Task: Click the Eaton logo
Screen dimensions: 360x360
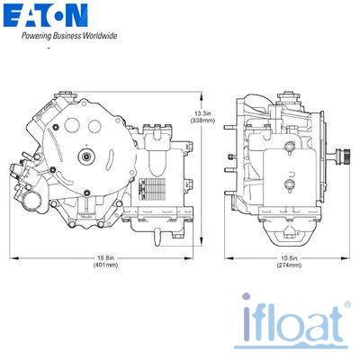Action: tap(46, 15)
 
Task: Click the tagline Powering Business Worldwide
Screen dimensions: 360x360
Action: tap(69, 36)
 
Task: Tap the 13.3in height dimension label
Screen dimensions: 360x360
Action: tap(203, 113)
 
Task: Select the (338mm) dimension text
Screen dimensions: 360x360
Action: tap(203, 121)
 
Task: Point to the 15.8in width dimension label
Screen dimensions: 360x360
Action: tap(105, 257)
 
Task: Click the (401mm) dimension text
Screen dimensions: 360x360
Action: tap(105, 265)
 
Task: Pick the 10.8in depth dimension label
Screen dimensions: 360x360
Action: tap(289, 257)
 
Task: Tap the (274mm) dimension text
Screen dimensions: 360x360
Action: tap(289, 265)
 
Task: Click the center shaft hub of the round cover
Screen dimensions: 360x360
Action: tap(86, 157)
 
